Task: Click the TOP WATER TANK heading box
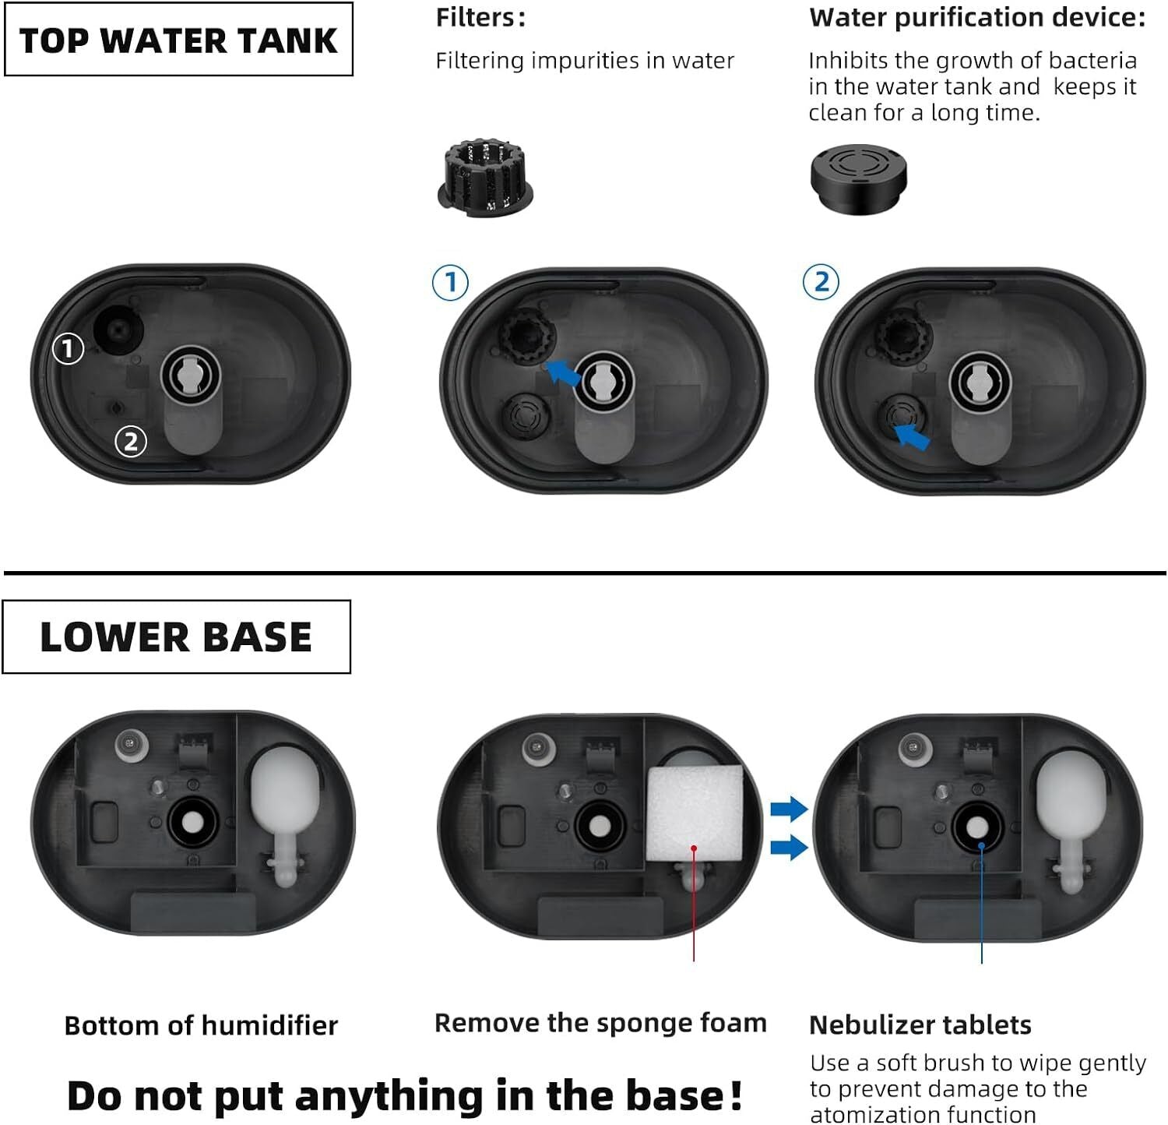(x=178, y=40)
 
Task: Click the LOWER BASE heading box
(x=176, y=637)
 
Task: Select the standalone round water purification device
(x=858, y=177)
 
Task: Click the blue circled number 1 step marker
(x=450, y=282)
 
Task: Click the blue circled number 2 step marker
(x=821, y=282)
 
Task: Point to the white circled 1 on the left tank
(x=68, y=348)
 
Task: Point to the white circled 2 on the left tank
(x=131, y=442)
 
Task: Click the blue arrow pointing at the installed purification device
(x=911, y=436)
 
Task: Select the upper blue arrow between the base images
(x=789, y=809)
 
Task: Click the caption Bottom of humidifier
(x=201, y=1025)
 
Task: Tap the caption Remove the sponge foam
(x=600, y=1023)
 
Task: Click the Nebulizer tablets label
(x=920, y=1024)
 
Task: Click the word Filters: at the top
(x=480, y=17)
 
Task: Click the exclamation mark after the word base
(x=736, y=1095)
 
